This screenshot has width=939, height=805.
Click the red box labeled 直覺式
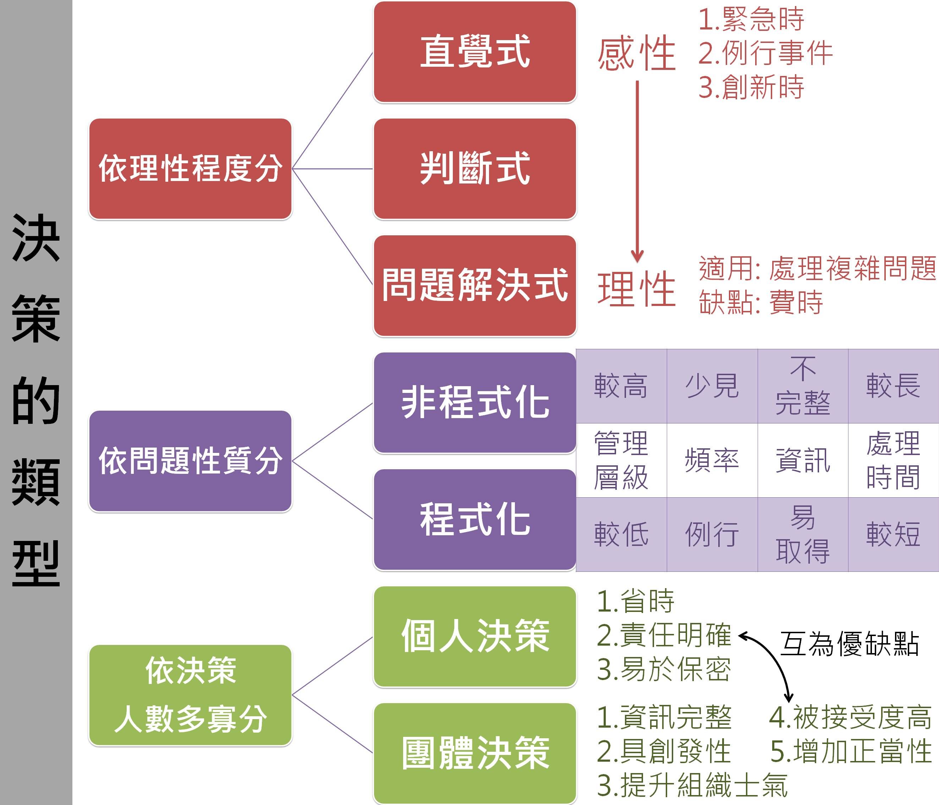474,52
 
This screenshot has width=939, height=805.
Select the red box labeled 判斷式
474,169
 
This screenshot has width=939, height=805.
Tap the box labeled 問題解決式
474,286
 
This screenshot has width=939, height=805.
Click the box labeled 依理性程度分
190,169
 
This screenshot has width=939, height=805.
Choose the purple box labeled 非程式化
474,402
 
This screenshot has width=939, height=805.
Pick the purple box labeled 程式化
474,519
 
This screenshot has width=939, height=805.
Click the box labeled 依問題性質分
190,461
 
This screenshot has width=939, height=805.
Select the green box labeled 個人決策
474,636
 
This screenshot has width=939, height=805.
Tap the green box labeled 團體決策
474,753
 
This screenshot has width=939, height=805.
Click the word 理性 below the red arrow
636,289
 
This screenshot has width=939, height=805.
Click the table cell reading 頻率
712,460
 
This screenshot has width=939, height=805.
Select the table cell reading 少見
712,386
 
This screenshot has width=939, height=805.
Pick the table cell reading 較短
893,535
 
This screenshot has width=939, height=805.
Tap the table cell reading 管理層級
621,460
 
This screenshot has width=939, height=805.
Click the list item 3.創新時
751,87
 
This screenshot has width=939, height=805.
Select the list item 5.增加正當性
851,751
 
